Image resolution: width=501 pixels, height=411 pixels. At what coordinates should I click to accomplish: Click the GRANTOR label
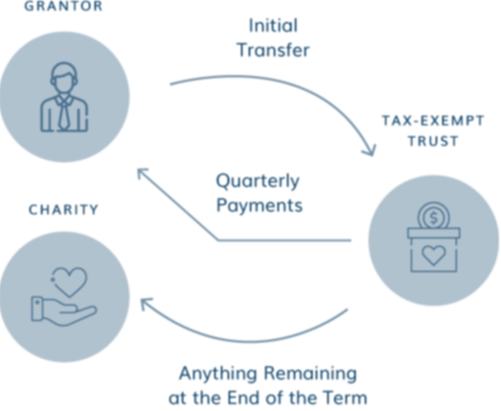pyautogui.click(x=63, y=6)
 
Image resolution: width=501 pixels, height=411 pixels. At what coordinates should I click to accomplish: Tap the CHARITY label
pyautogui.click(x=63, y=210)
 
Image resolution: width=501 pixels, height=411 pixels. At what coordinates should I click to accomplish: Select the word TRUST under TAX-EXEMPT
pyautogui.click(x=433, y=141)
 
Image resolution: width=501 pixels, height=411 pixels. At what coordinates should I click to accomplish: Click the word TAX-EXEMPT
pyautogui.click(x=433, y=121)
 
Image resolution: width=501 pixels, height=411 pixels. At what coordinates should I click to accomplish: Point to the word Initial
pyautogui.click(x=273, y=26)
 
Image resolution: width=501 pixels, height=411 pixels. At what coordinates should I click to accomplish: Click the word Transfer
pyautogui.click(x=274, y=50)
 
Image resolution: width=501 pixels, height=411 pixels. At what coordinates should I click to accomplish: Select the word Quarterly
pyautogui.click(x=258, y=181)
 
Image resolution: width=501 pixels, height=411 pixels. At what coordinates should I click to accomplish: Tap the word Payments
pyautogui.click(x=260, y=205)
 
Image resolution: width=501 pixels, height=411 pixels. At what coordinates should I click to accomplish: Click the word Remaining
pyautogui.click(x=310, y=374)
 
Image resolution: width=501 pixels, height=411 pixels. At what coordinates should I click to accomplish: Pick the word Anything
pyautogui.click(x=218, y=374)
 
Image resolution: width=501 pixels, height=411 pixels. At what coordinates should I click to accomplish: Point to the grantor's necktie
pyautogui.click(x=64, y=114)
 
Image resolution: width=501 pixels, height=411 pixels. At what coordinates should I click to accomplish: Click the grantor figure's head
pyautogui.click(x=64, y=78)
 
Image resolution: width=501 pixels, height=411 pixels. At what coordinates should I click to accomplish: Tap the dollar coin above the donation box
pyautogui.click(x=434, y=217)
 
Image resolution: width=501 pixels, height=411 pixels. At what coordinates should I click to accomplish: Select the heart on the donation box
pyautogui.click(x=434, y=256)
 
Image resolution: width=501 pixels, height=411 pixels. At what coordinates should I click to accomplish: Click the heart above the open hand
pyautogui.click(x=70, y=282)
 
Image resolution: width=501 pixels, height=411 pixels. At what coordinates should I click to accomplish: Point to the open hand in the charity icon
pyautogui.click(x=63, y=311)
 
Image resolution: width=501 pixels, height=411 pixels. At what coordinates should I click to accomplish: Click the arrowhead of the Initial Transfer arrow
pyautogui.click(x=371, y=150)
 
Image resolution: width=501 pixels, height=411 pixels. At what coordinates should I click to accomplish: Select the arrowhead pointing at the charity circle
pyautogui.click(x=146, y=303)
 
